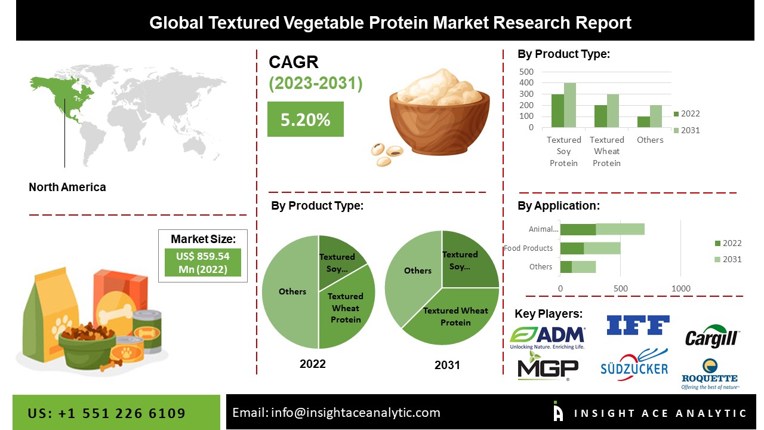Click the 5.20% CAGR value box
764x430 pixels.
click(305, 119)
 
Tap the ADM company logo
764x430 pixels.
click(547, 337)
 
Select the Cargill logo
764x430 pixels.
click(711, 336)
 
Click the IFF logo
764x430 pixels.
click(637, 325)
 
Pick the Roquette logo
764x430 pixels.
click(710, 374)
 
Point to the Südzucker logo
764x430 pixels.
click(634, 365)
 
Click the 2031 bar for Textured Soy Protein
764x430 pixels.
click(570, 105)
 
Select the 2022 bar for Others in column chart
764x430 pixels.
click(643, 122)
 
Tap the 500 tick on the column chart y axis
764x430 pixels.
click(526, 72)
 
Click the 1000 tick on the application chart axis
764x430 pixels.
click(680, 289)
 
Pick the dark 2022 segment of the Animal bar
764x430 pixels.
click(578, 229)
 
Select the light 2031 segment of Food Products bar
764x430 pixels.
click(602, 248)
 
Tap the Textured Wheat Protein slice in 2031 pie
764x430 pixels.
click(455, 317)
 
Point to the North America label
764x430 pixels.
click(67, 187)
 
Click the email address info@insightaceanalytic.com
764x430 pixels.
click(355, 413)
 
